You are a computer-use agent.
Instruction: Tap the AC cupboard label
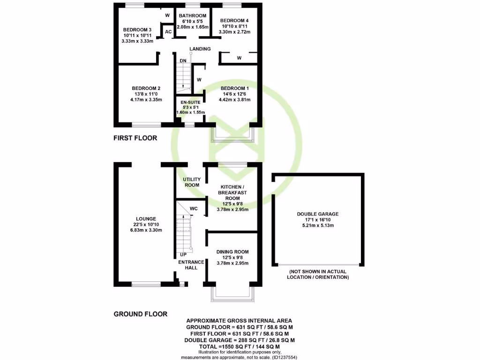(x=168, y=32)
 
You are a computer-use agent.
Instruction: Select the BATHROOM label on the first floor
(x=193, y=16)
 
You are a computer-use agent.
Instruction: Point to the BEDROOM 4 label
(x=235, y=21)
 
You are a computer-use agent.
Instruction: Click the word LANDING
(x=200, y=49)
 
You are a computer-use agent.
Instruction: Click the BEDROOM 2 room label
(x=146, y=88)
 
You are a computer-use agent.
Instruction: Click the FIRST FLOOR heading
(x=135, y=138)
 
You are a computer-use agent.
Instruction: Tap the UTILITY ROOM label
(x=191, y=182)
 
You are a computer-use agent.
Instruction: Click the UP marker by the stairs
(x=184, y=255)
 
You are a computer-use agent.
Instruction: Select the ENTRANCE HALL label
(x=191, y=265)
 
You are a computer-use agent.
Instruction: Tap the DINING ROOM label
(x=232, y=252)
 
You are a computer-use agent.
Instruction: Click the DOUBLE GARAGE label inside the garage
(x=317, y=214)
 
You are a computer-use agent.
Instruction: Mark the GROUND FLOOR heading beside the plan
(x=141, y=314)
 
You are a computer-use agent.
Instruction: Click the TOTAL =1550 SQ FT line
(x=240, y=346)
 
